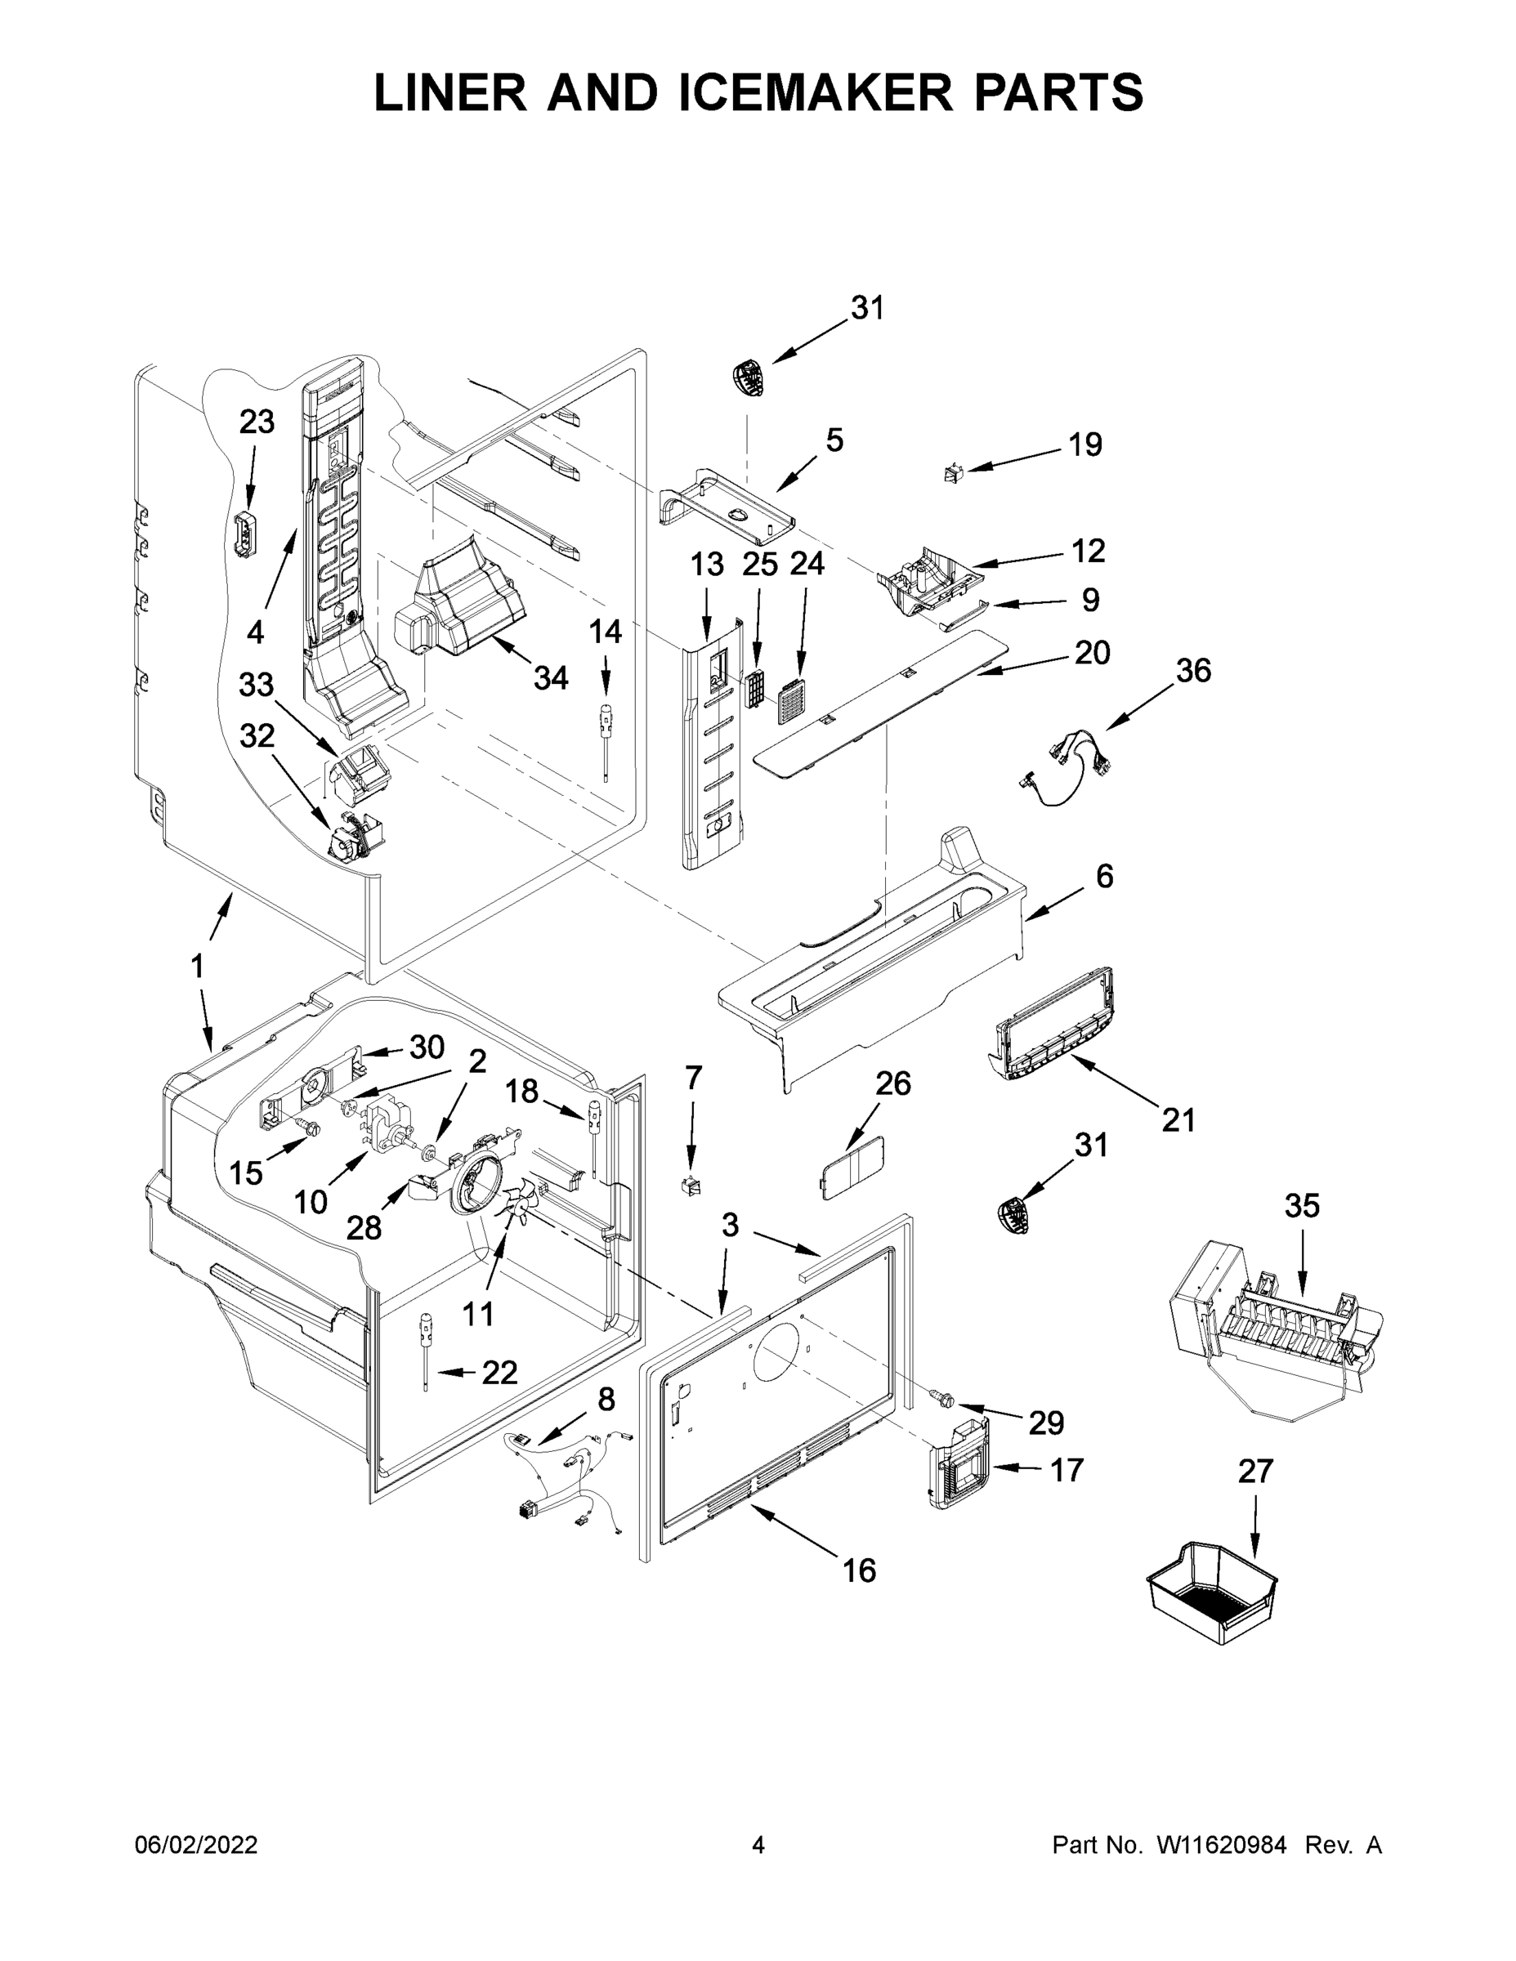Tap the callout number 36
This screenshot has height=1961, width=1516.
tap(1192, 670)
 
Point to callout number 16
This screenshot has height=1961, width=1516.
tap(859, 1570)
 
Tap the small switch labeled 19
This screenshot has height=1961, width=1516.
tap(955, 471)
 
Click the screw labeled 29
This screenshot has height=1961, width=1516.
tap(942, 1399)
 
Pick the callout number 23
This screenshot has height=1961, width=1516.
tap(256, 421)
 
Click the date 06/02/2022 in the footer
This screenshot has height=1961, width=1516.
tap(196, 1845)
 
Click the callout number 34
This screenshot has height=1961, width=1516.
tap(551, 678)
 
